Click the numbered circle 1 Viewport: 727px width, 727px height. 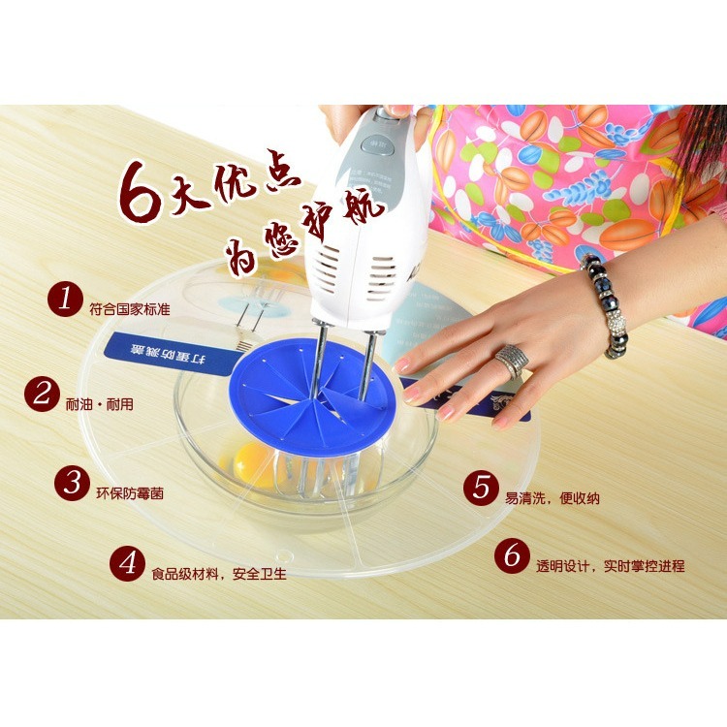pyautogui.click(x=66, y=300)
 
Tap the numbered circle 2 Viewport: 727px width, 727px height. pyautogui.click(x=43, y=394)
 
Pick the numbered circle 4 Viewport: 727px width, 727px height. pyautogui.click(x=127, y=562)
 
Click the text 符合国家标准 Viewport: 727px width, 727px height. pyautogui.click(x=129, y=309)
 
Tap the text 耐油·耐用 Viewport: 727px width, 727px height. pyautogui.click(x=101, y=400)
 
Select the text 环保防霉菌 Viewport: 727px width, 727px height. pyautogui.click(x=130, y=492)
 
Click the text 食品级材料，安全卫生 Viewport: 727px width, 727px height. pyautogui.click(x=218, y=574)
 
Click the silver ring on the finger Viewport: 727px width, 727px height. pyautogui.click(x=511, y=362)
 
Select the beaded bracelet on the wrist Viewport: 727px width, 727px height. pyautogui.click(x=607, y=304)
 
